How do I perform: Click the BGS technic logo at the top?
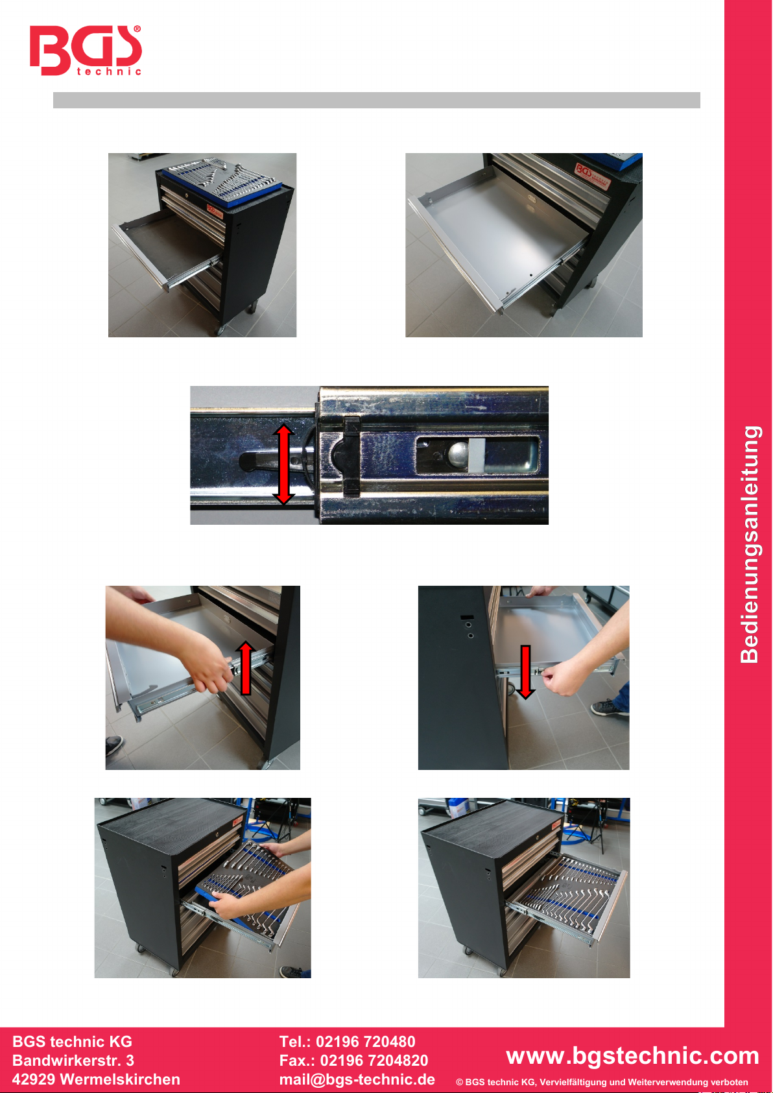[86, 51]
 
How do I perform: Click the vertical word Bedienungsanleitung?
[750, 544]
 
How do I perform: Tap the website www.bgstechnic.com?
[632, 1055]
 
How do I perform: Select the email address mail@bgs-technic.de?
[357, 1079]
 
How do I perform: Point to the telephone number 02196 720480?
[365, 1042]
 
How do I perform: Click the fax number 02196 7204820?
[374, 1061]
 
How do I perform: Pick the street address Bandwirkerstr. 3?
[73, 1061]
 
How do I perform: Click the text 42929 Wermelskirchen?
[96, 1079]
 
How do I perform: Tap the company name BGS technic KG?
[72, 1042]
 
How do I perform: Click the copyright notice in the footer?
[602, 1082]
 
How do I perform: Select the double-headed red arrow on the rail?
[283, 464]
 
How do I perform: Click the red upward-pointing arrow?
[246, 667]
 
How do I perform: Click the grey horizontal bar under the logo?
[377, 100]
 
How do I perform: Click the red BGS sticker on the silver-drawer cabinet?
[593, 176]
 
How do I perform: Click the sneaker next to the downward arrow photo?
[609, 708]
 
